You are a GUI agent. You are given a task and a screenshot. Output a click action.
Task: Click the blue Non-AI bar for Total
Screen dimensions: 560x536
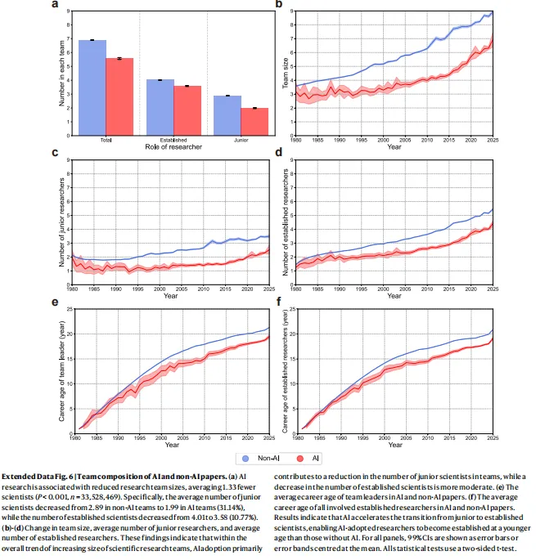pos(92,87)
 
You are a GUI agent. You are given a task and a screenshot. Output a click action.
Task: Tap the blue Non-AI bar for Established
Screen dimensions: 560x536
pos(160,106)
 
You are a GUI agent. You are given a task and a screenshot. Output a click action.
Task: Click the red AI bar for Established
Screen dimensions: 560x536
pos(187,110)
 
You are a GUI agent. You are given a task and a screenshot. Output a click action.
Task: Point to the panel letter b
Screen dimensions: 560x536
pos(278,5)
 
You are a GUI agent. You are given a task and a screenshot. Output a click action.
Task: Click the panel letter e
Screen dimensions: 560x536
pos(53,302)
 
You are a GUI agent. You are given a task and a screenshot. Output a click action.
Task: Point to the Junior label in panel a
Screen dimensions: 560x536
pos(241,139)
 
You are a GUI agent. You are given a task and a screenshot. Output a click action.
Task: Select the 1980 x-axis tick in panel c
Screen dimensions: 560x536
pos(73,289)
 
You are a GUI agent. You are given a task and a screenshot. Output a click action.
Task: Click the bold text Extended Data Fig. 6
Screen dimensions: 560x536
pos(37,475)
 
